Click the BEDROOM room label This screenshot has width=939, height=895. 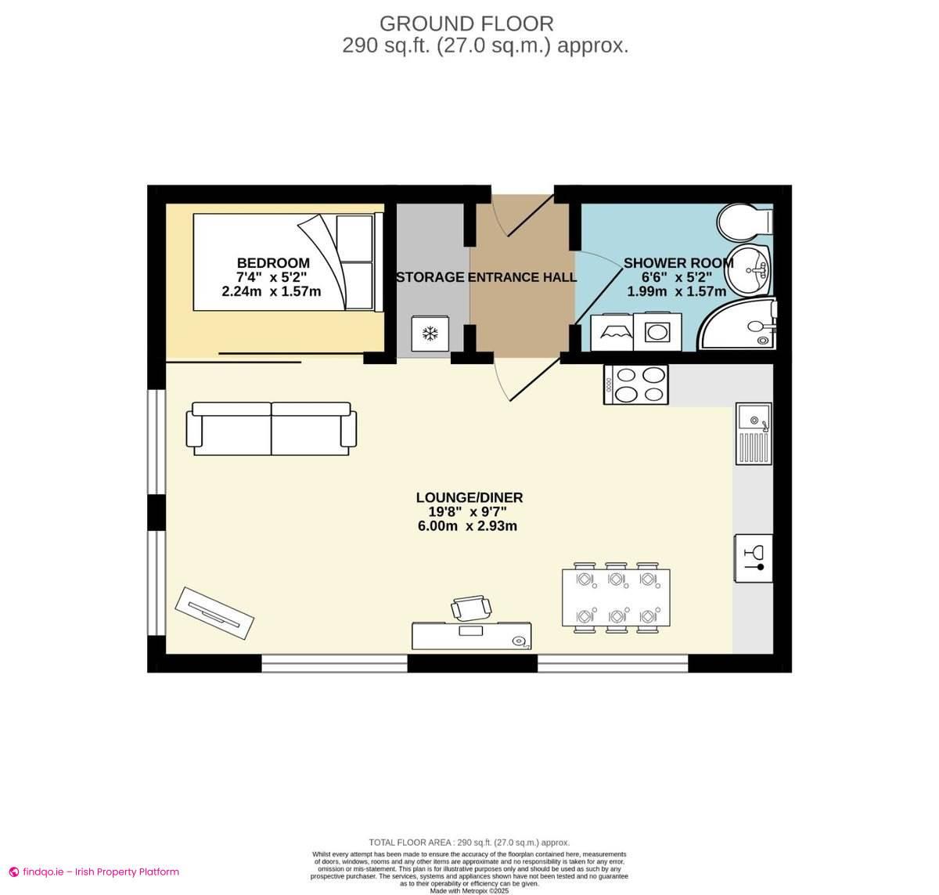click(x=273, y=263)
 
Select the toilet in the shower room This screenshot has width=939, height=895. click(x=743, y=222)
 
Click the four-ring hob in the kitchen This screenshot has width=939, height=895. click(x=636, y=384)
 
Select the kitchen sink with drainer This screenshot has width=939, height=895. click(x=754, y=434)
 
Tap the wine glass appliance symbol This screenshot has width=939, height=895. click(x=753, y=558)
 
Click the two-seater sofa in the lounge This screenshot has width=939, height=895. click(x=271, y=428)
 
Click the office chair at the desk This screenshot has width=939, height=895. click(x=471, y=607)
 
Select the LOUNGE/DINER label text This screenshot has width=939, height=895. click(x=469, y=497)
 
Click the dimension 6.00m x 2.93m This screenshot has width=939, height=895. click(x=467, y=526)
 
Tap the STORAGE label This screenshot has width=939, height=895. click(x=430, y=277)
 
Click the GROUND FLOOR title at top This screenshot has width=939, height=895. click(x=466, y=23)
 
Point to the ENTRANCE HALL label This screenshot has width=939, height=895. click(x=522, y=277)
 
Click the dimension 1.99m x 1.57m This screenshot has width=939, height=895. click(x=676, y=291)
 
